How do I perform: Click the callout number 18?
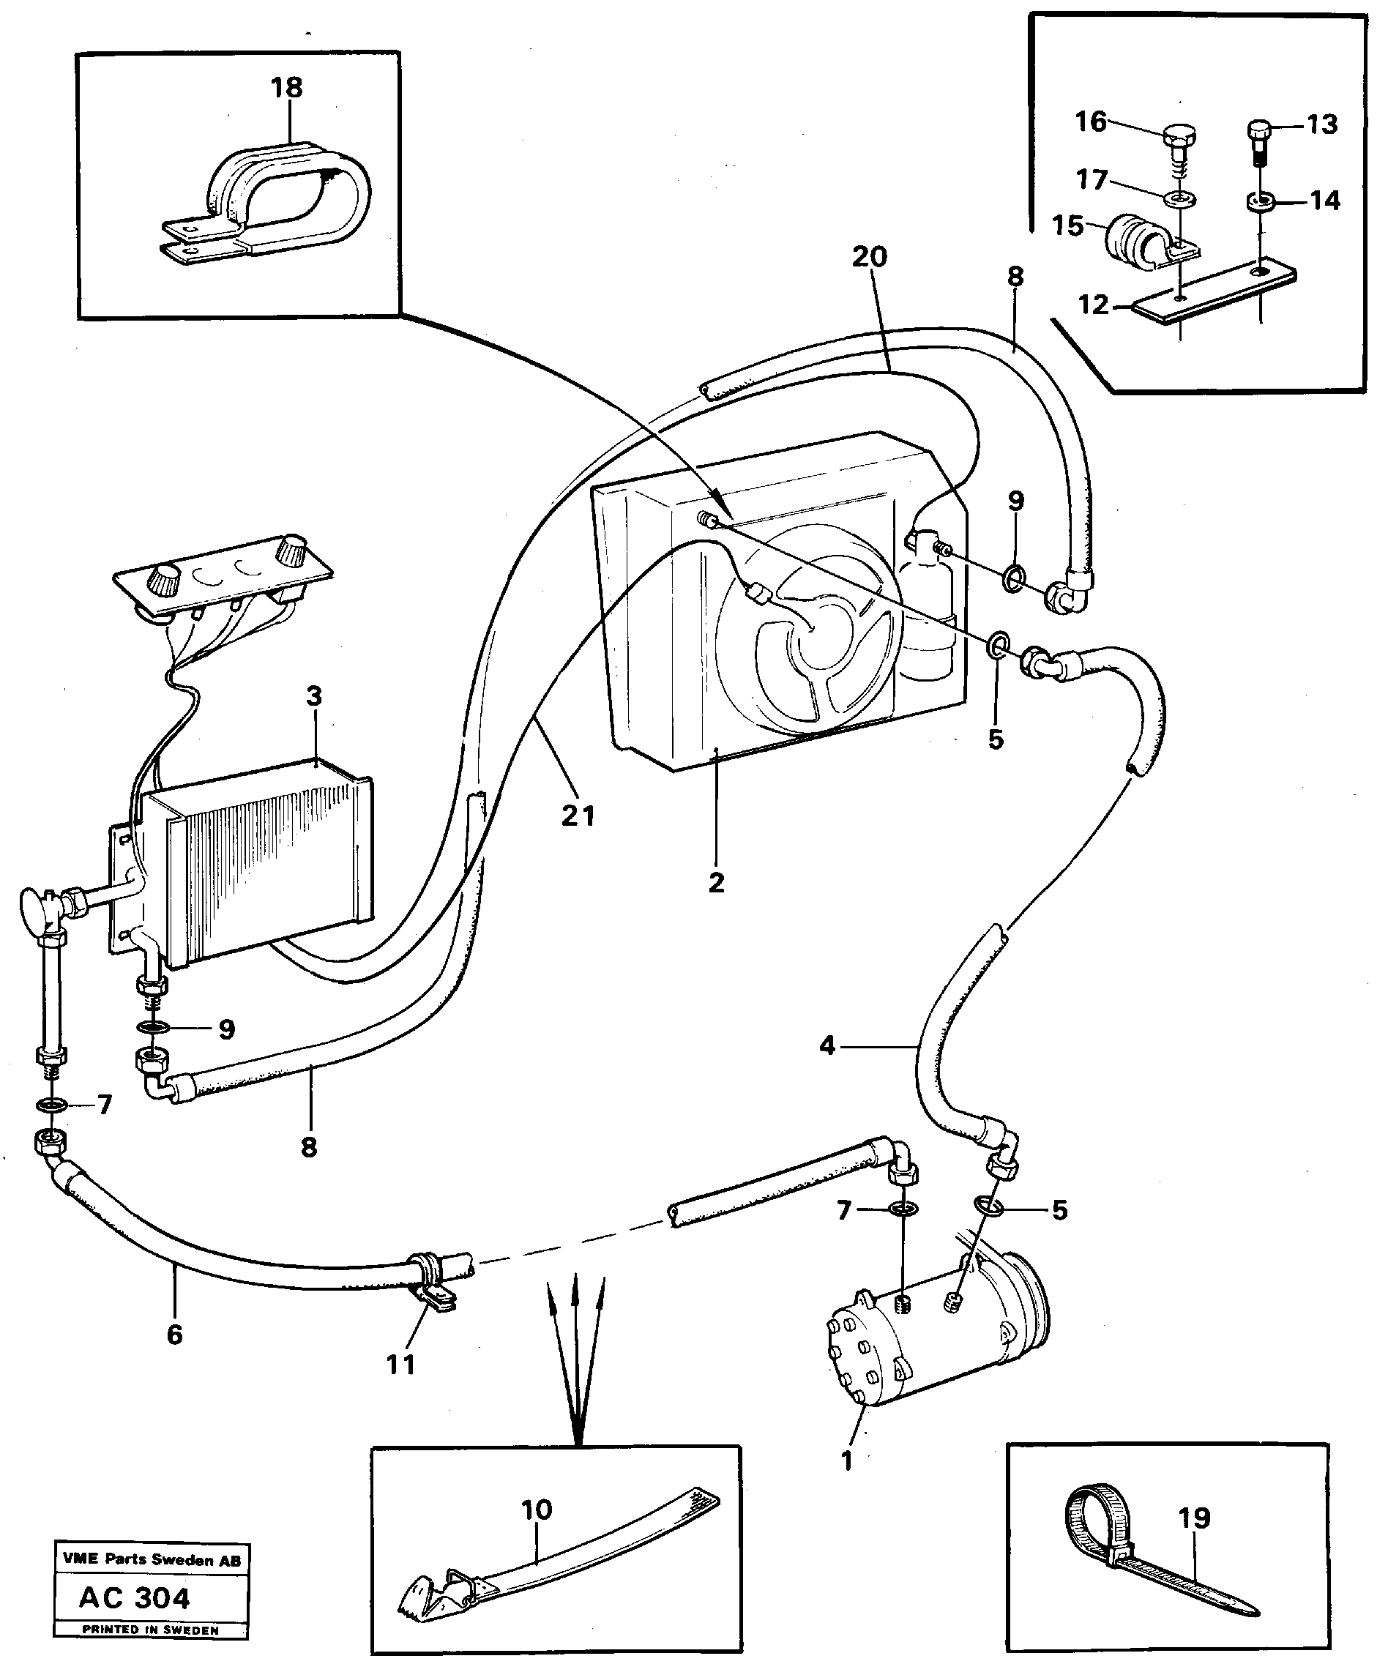click(x=287, y=88)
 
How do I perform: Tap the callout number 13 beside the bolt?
click(x=1321, y=124)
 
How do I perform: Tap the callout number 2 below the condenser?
click(x=716, y=883)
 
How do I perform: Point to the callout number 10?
click(x=537, y=1510)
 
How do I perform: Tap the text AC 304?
click(x=135, y=1598)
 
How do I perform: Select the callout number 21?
click(x=578, y=816)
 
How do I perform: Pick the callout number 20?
click(x=870, y=257)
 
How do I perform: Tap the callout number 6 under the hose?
click(x=174, y=1335)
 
